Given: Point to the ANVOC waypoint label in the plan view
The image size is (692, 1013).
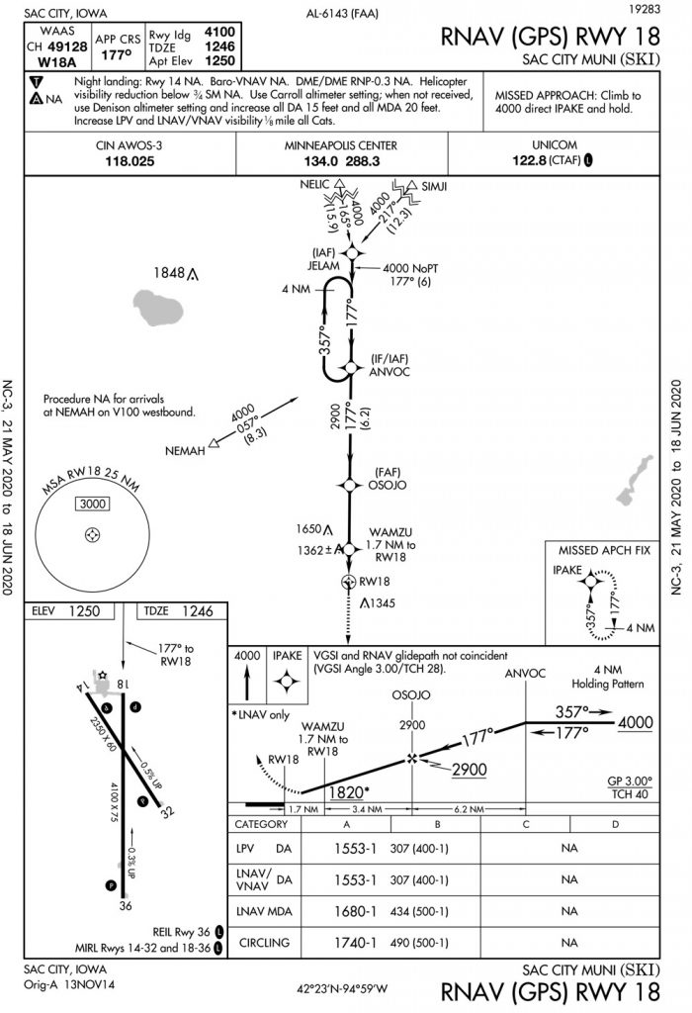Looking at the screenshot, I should (389, 372).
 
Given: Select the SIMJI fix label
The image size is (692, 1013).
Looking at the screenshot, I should (432, 186).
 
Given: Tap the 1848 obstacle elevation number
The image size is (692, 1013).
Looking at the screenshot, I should (170, 273).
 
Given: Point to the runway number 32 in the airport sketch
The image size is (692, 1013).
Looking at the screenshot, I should (168, 812).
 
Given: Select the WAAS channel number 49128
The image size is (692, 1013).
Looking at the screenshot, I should (61, 46).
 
